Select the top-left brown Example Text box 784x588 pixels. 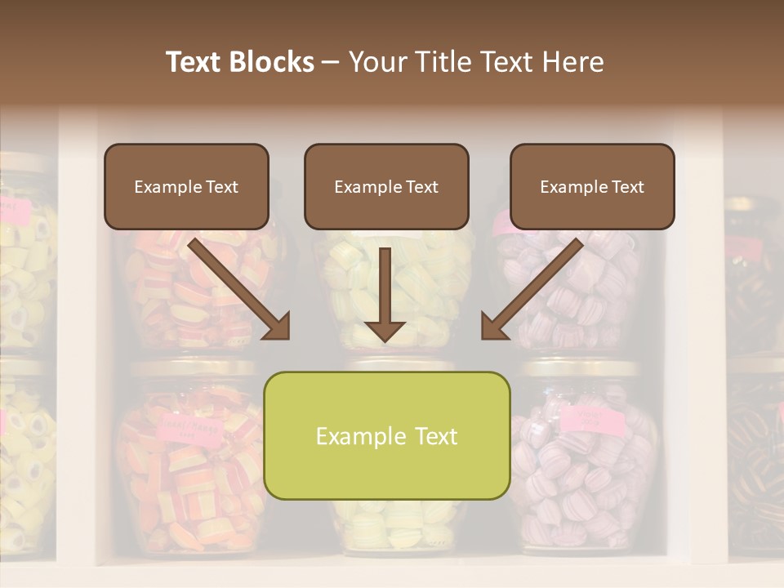pyautogui.click(x=186, y=186)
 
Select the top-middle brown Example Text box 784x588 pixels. pyautogui.click(x=386, y=186)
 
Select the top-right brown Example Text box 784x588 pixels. pyautogui.click(x=592, y=186)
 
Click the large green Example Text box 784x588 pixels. pyautogui.click(x=386, y=435)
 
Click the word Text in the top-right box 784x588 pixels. pyautogui.click(x=626, y=187)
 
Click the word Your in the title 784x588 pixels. pyautogui.click(x=375, y=62)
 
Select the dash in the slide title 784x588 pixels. pyautogui.click(x=331, y=62)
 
